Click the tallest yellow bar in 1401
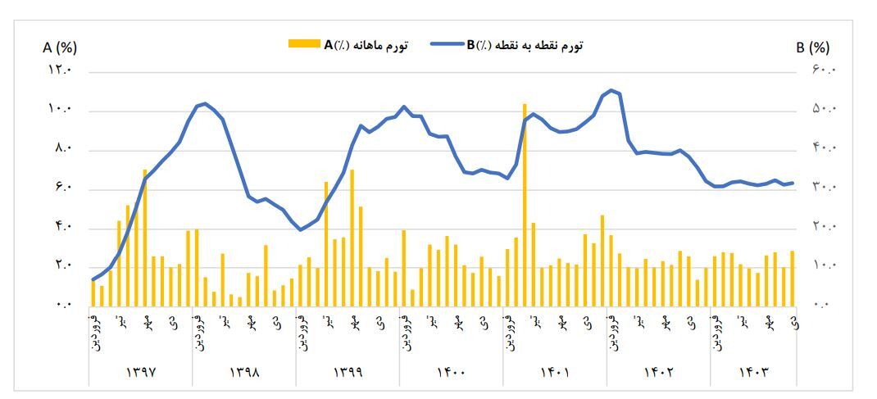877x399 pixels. tap(525, 205)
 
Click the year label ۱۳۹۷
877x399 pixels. tap(141, 371)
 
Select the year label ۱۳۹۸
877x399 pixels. tap(244, 371)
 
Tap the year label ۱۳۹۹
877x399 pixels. tap(348, 371)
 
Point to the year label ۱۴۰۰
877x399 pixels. tap(451, 371)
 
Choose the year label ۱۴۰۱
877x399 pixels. tap(555, 371)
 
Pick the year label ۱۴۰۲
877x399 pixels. tap(658, 371)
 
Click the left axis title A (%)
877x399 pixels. tap(60, 48)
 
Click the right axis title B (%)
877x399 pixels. tap(812, 48)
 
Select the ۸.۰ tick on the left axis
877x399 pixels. tap(63, 149)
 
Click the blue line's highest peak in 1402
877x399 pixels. tap(611, 90)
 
